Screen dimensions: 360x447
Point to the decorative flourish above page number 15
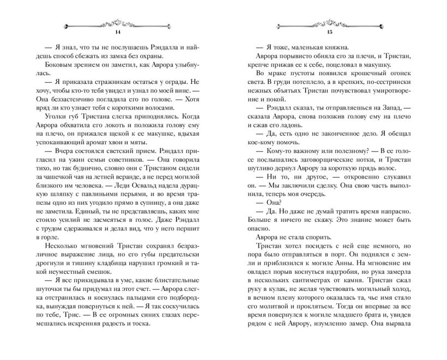click(329, 23)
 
